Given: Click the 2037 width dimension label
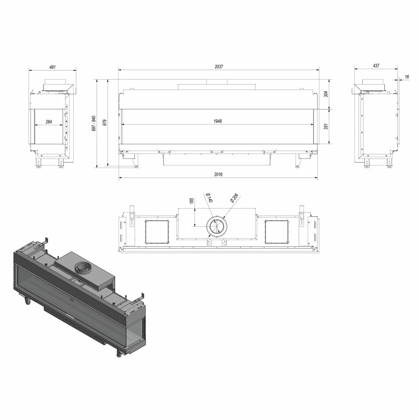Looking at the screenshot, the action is (x=219, y=67).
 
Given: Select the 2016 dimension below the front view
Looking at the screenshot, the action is (x=218, y=174).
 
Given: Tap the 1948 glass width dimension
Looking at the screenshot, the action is (x=217, y=122).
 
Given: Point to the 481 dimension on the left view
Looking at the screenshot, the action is (x=52, y=67).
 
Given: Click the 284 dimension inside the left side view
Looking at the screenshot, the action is (x=49, y=122).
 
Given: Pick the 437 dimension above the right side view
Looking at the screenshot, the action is (x=376, y=65).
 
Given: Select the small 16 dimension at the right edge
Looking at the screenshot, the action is (x=406, y=77).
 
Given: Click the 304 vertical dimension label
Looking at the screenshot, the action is (x=326, y=94).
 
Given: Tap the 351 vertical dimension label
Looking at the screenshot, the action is (x=326, y=127).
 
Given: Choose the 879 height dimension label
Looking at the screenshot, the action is (x=105, y=123).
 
